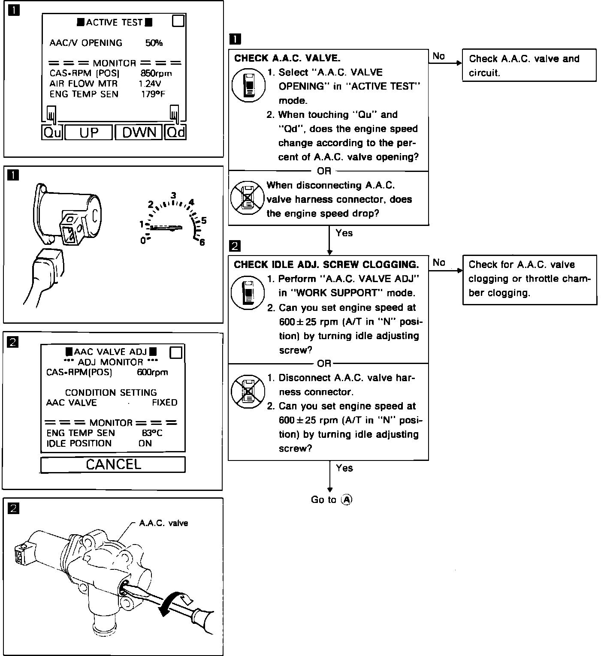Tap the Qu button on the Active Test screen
[52, 132]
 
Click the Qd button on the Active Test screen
[175, 132]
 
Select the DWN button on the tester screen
[139, 132]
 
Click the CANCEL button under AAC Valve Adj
[113, 464]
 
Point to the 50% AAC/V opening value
[154, 43]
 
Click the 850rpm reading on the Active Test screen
[156, 73]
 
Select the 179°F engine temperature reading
[153, 94]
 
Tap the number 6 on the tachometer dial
[202, 242]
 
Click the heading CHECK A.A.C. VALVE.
[287, 58]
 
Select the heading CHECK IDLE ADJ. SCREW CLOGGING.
[326, 265]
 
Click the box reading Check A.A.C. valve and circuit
[529, 65]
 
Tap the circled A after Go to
[347, 500]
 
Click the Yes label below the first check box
[344, 233]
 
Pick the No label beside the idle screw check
[439, 262]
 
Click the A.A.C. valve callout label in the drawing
[163, 523]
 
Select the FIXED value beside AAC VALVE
[164, 403]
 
